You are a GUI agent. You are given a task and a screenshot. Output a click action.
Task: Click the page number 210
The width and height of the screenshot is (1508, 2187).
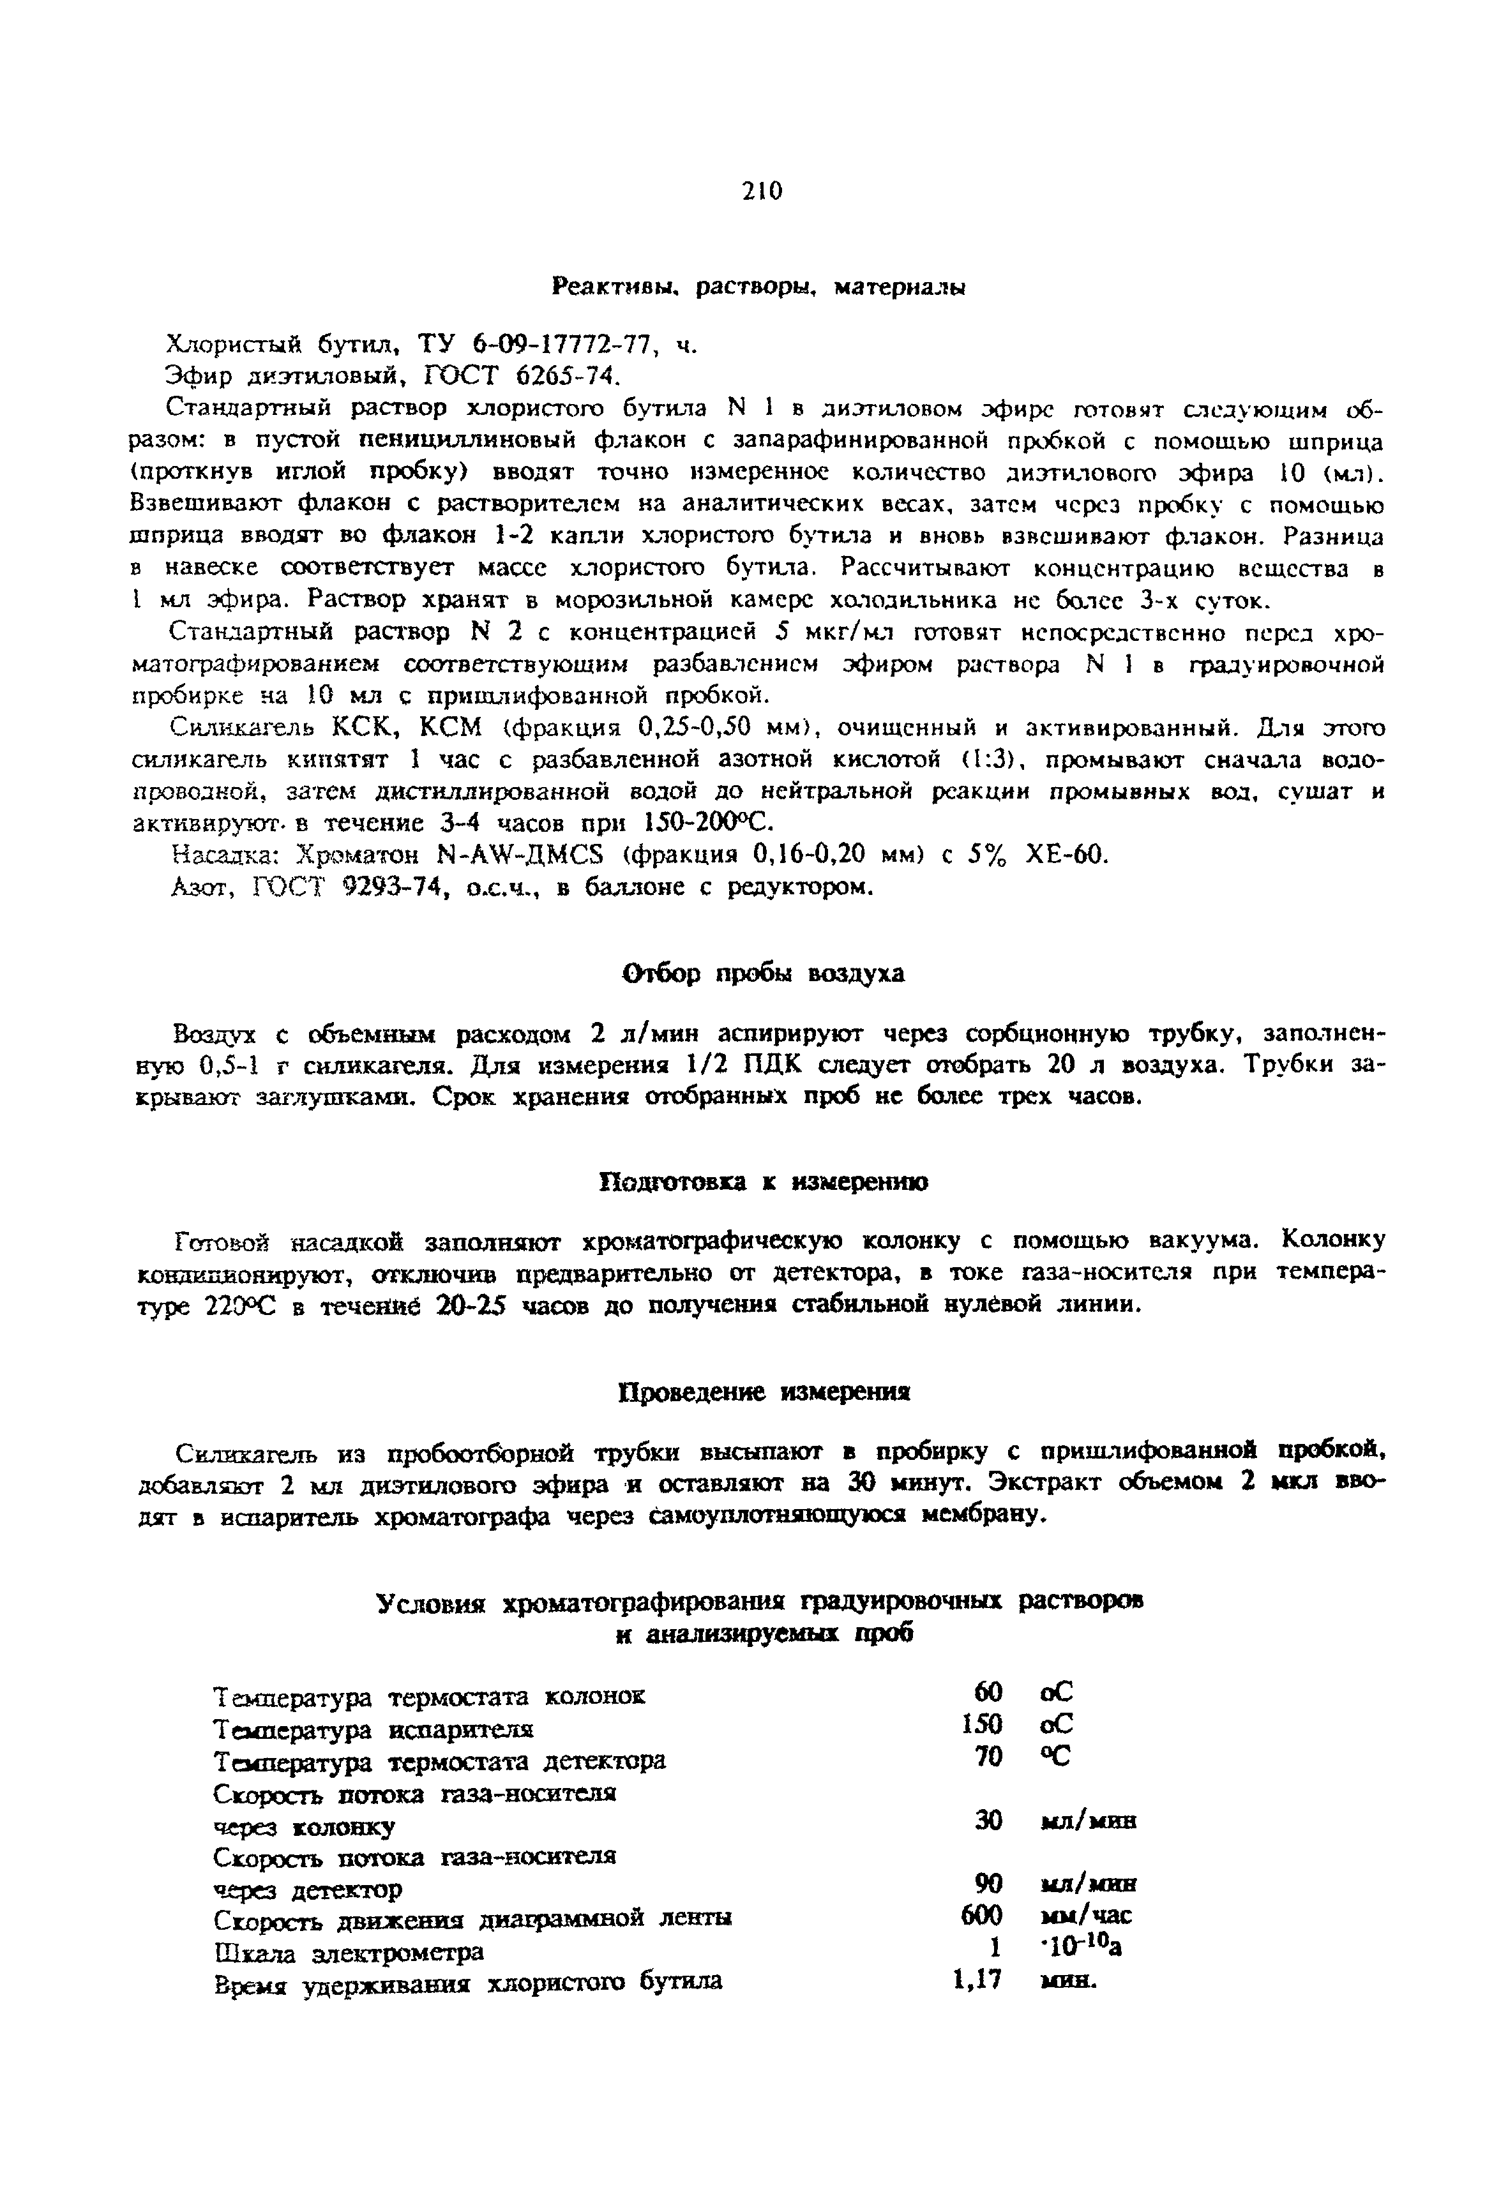click(762, 192)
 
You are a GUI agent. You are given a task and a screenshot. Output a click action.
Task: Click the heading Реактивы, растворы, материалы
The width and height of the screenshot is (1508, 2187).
click(758, 287)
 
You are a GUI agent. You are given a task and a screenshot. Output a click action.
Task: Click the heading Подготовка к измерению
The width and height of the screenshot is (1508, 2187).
click(764, 1183)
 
